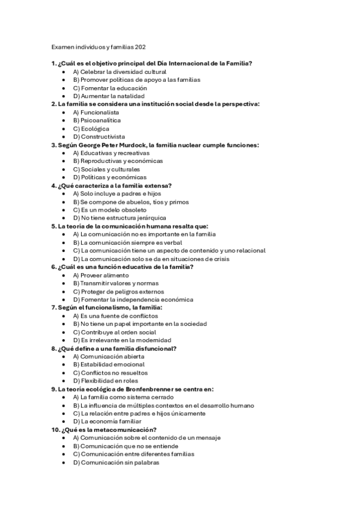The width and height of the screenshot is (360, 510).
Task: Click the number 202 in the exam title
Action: pyautogui.click(x=141, y=46)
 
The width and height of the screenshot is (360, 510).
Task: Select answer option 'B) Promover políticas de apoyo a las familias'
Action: pyautogui.click(x=136, y=79)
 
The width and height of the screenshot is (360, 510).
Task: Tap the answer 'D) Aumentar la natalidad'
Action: pyautogui.click(x=108, y=96)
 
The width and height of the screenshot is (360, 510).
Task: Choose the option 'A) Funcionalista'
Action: pyautogui.click(x=96, y=112)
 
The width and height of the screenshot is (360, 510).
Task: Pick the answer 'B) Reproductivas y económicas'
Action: pyautogui.click(x=117, y=161)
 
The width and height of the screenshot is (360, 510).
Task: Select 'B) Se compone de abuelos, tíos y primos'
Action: pyautogui.click(x=130, y=202)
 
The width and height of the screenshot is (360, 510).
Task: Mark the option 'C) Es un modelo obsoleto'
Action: pyautogui.click(x=109, y=210)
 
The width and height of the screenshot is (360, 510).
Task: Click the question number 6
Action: pyautogui.click(x=53, y=267)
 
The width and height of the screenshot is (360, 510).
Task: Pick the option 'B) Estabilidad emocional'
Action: pyautogui.click(x=108, y=364)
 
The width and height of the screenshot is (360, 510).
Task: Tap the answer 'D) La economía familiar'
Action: pyautogui.click(x=107, y=422)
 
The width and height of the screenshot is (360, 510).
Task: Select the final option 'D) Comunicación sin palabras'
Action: pyautogui.click(x=116, y=462)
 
